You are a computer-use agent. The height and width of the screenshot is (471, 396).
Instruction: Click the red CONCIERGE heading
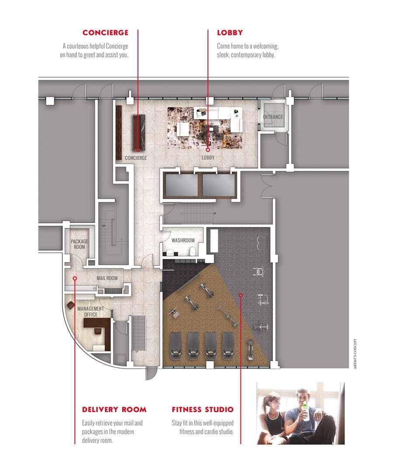pos(105,33)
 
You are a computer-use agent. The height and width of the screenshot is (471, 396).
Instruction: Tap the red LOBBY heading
pos(230,33)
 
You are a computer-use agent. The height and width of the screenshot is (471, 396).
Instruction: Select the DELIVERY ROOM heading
pos(114,409)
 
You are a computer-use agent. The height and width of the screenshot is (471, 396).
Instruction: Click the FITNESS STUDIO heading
pos(203,409)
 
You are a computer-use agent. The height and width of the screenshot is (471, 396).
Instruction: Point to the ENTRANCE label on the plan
pos(273,117)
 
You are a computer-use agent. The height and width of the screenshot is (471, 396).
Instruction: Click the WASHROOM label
pos(183,240)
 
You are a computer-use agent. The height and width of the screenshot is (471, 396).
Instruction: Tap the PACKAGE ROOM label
pos(79,244)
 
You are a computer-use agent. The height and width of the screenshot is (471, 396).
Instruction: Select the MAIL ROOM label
pos(107,278)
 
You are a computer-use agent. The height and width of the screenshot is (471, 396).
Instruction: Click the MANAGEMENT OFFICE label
pos(91,311)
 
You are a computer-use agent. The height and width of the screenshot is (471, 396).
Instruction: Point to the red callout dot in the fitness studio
pos(240,296)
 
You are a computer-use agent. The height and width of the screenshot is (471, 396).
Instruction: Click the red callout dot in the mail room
pos(75,278)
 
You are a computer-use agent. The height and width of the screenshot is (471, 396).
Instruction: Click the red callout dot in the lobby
pos(208,148)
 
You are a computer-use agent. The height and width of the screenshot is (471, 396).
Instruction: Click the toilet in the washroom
pos(193,250)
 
